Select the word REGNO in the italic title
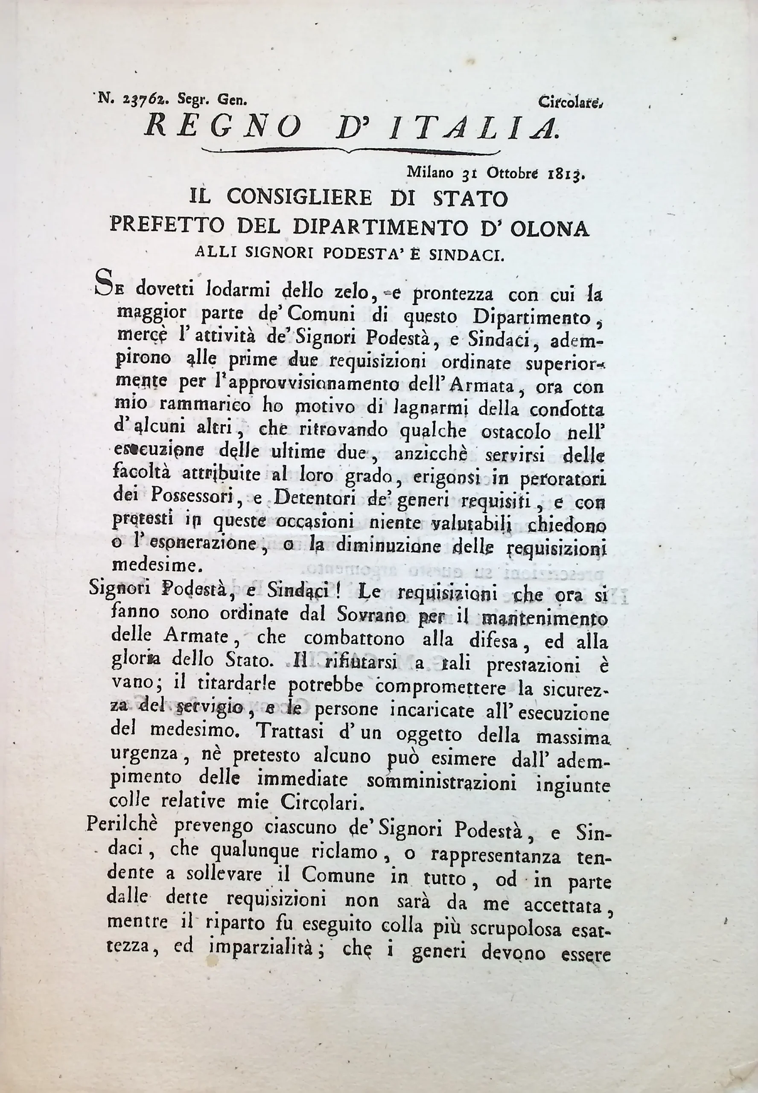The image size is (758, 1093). coord(223,127)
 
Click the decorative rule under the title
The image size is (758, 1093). coord(351,151)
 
